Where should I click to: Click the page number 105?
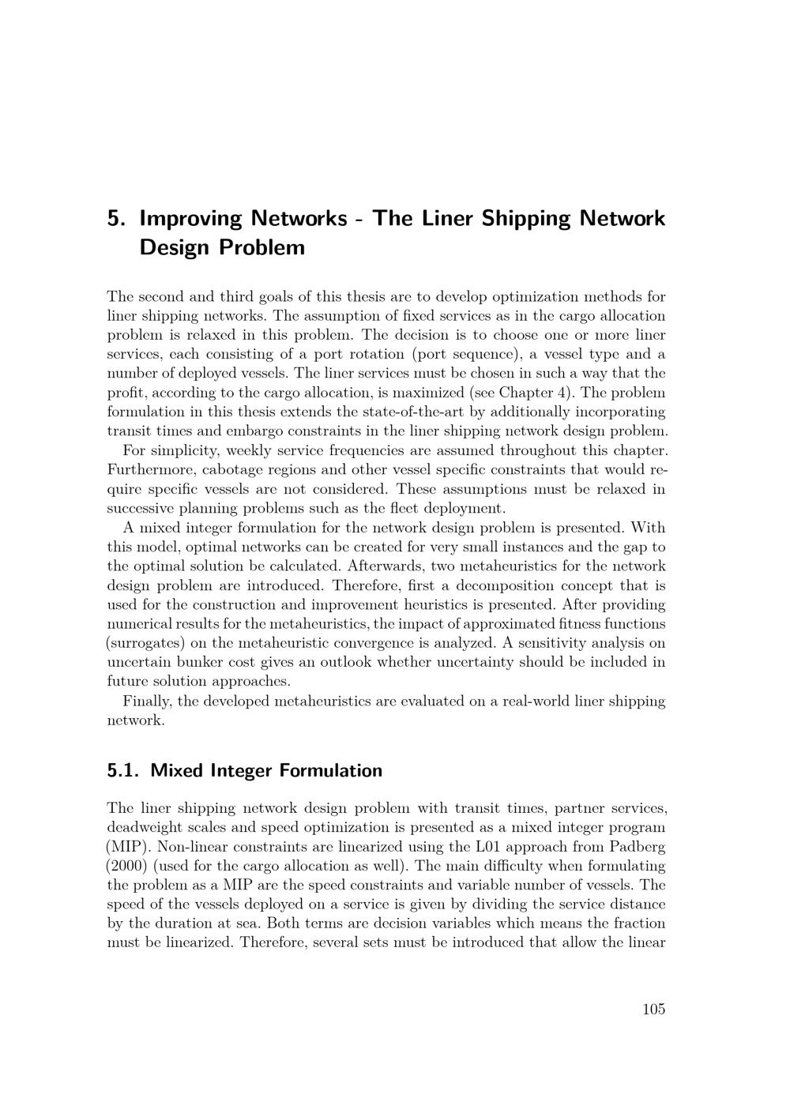pyautogui.click(x=653, y=1009)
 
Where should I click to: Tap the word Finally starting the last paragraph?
pyautogui.click(x=147, y=701)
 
